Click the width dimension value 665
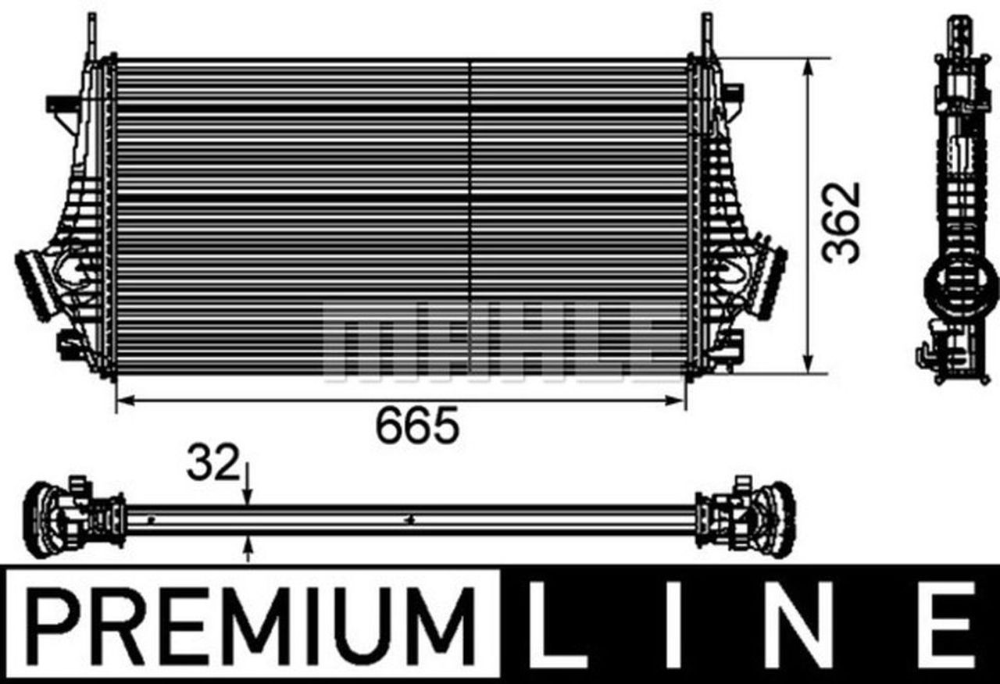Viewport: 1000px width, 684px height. click(x=416, y=426)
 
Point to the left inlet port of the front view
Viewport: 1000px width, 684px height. click(x=34, y=283)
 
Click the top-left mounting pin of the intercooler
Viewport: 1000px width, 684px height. click(x=92, y=35)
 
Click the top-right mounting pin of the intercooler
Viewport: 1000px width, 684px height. click(x=707, y=35)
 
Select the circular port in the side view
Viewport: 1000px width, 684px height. click(x=960, y=284)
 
